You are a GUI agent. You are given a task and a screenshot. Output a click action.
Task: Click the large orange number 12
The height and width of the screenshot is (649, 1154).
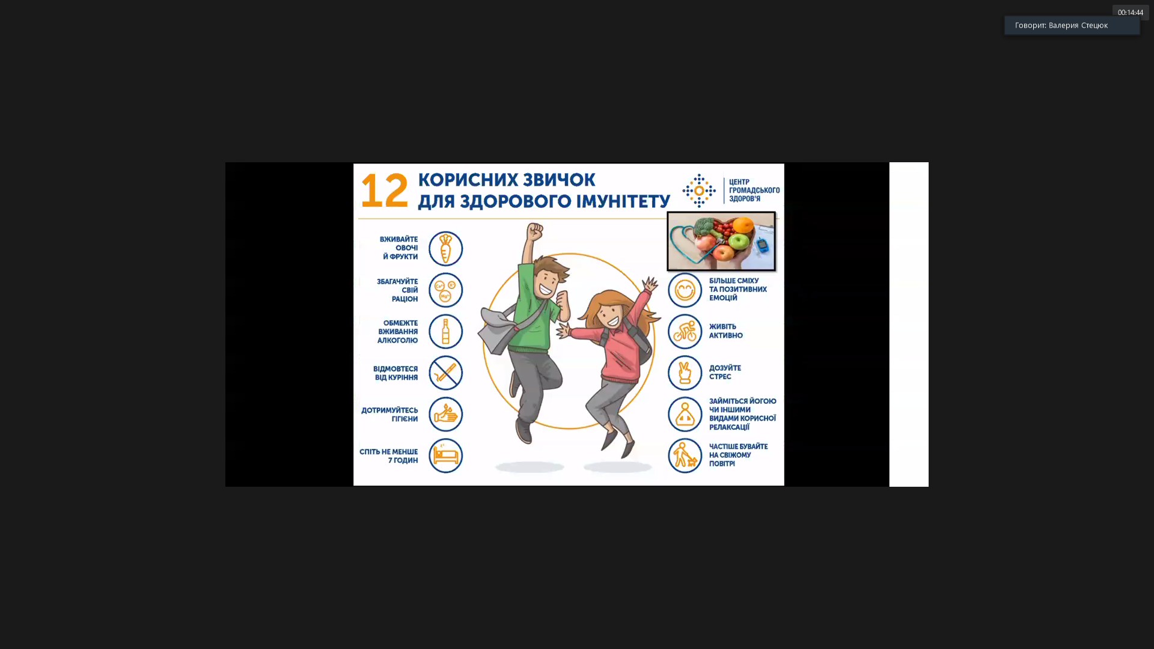384,190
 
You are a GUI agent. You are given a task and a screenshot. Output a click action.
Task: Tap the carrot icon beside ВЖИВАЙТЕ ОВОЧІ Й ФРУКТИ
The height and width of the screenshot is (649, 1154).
445,248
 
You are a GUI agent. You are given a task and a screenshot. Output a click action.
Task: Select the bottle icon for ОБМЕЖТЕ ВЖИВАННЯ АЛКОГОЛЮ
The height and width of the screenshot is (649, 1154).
445,331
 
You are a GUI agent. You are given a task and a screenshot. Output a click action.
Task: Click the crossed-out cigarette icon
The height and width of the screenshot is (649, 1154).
445,373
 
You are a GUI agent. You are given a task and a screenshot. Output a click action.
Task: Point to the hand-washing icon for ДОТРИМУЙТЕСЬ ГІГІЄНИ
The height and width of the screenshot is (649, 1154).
445,414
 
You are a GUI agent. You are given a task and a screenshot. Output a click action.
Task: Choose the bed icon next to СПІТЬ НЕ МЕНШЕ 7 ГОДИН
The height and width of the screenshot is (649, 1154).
445,456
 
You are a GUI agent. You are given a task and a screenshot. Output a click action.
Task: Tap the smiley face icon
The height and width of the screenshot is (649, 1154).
685,290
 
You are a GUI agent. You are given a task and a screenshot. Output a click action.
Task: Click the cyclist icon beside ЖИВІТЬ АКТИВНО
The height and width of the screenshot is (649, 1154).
685,331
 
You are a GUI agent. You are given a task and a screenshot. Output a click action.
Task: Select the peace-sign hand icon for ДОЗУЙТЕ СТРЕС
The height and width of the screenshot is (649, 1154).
685,373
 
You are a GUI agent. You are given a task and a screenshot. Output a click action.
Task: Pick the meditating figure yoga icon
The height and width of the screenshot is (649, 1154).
685,414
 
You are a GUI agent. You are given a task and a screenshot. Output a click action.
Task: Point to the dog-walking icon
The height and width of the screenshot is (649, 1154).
685,456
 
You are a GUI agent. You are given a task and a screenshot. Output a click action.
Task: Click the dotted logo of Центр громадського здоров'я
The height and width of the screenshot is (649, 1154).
699,190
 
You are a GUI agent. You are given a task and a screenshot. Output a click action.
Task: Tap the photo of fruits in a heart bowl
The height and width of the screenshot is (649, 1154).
721,241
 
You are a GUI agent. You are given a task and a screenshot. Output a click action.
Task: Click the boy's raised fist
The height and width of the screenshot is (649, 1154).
535,231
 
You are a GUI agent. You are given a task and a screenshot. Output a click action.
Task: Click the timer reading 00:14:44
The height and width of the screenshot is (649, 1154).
1130,13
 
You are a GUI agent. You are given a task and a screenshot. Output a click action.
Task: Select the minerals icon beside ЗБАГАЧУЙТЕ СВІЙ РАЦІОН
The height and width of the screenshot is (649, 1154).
445,290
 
